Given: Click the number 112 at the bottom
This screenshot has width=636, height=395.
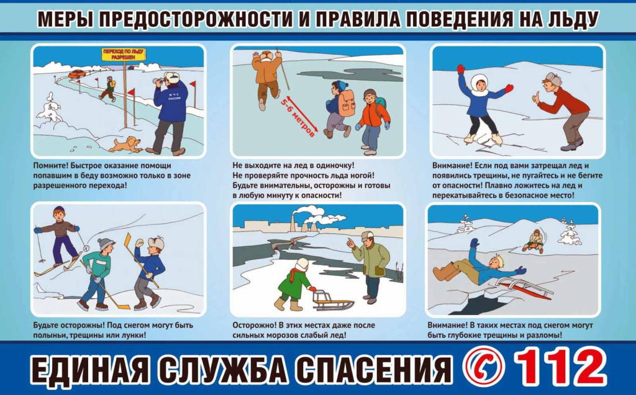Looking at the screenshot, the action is point(561,367).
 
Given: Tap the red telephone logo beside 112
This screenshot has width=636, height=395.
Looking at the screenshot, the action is point(483,367).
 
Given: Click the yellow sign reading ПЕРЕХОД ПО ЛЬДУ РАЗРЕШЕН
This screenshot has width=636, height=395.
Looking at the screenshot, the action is point(124,55).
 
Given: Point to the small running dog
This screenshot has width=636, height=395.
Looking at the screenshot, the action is point(125,144).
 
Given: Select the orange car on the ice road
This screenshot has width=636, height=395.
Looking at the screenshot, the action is point(77,74).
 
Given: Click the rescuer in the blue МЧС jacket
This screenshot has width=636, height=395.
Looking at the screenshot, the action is point(170,113).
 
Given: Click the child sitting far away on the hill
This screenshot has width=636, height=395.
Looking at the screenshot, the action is point(534,241).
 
